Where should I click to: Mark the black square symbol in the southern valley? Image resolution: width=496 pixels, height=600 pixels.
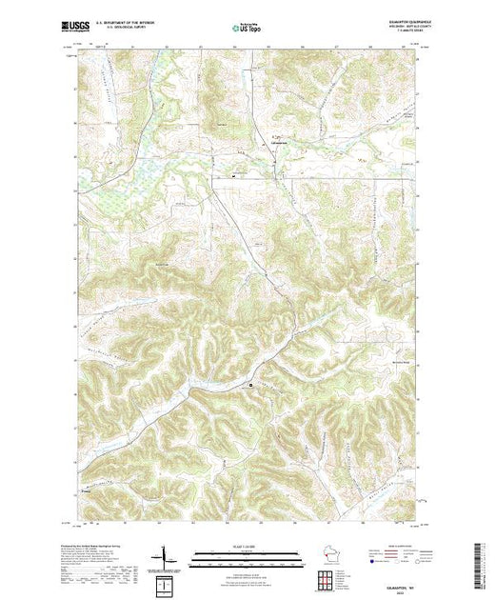coord(251,386)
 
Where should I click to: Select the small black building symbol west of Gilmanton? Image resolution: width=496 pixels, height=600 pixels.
coord(232,176)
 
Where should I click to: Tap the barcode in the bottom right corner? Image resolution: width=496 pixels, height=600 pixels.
coord(483,567)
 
